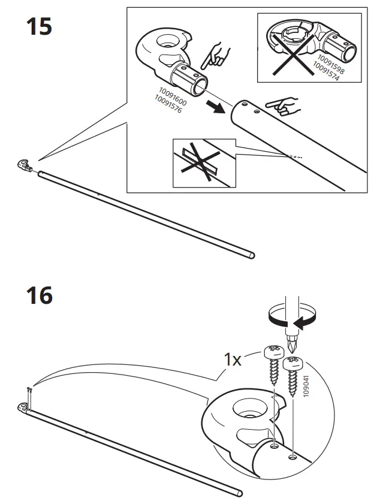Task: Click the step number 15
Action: point(39,26)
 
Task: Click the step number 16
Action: point(39,295)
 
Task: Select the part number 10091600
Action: point(173,96)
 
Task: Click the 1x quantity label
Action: point(232,360)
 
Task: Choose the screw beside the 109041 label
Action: point(294,375)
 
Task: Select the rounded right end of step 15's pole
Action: point(252,255)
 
